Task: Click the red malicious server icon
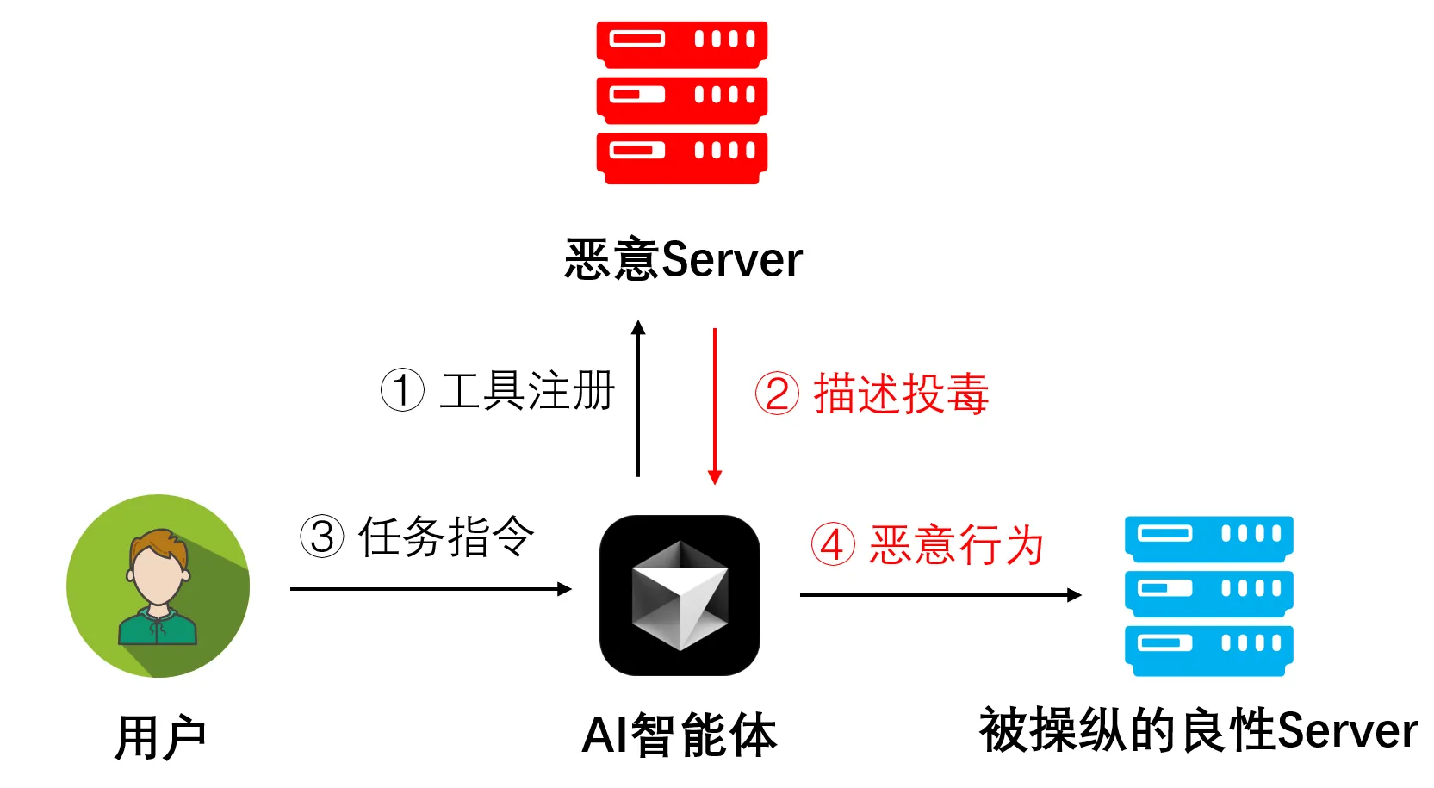click(x=681, y=102)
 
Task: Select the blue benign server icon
click(x=1208, y=596)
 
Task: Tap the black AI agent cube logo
click(x=680, y=595)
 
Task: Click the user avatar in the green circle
click(x=158, y=586)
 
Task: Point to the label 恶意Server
click(x=683, y=259)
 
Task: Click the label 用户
click(x=160, y=737)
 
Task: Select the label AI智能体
click(x=679, y=735)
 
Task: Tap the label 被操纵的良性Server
click(x=1198, y=731)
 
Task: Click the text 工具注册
click(x=527, y=391)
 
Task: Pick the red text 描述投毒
click(x=901, y=394)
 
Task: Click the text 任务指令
click(x=446, y=537)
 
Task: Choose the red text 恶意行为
click(x=956, y=545)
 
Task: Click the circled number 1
click(x=402, y=390)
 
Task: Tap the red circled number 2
click(x=777, y=394)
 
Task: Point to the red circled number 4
click(x=833, y=544)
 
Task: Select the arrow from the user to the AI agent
click(x=431, y=589)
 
